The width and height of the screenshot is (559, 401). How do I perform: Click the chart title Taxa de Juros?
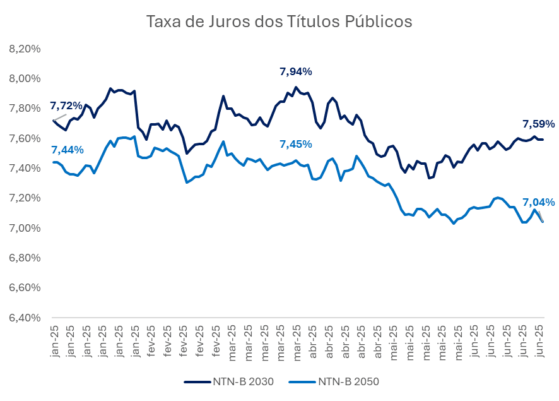pyautogui.click(x=279, y=22)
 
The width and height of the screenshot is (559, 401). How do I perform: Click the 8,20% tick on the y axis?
pyautogui.click(x=25, y=49)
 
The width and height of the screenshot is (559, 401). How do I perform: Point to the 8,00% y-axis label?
pyautogui.click(x=25, y=78)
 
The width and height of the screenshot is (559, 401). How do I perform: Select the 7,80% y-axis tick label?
pyautogui.click(x=25, y=108)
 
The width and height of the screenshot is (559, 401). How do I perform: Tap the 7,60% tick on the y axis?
pyautogui.click(x=25, y=138)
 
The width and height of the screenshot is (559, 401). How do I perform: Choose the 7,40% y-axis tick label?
pyautogui.click(x=25, y=168)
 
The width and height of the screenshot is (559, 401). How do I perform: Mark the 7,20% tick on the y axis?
pyautogui.click(x=25, y=198)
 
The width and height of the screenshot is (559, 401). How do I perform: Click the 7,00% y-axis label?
pyautogui.click(x=25, y=227)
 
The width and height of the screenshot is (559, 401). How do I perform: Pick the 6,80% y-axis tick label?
pyautogui.click(x=25, y=257)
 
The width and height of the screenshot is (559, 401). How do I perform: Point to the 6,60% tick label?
pyautogui.click(x=25, y=287)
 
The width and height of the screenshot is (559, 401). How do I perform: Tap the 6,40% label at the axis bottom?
pyautogui.click(x=25, y=317)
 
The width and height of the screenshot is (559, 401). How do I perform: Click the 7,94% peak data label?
pyautogui.click(x=295, y=71)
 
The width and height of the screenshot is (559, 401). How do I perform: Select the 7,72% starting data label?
pyautogui.click(x=66, y=105)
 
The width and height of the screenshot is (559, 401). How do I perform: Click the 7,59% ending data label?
pyautogui.click(x=538, y=123)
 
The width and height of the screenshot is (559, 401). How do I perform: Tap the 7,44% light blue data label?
pyautogui.click(x=67, y=150)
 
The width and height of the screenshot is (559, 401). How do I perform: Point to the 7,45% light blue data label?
pyautogui.click(x=295, y=144)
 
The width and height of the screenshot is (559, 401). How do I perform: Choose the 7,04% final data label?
pyautogui.click(x=538, y=202)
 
